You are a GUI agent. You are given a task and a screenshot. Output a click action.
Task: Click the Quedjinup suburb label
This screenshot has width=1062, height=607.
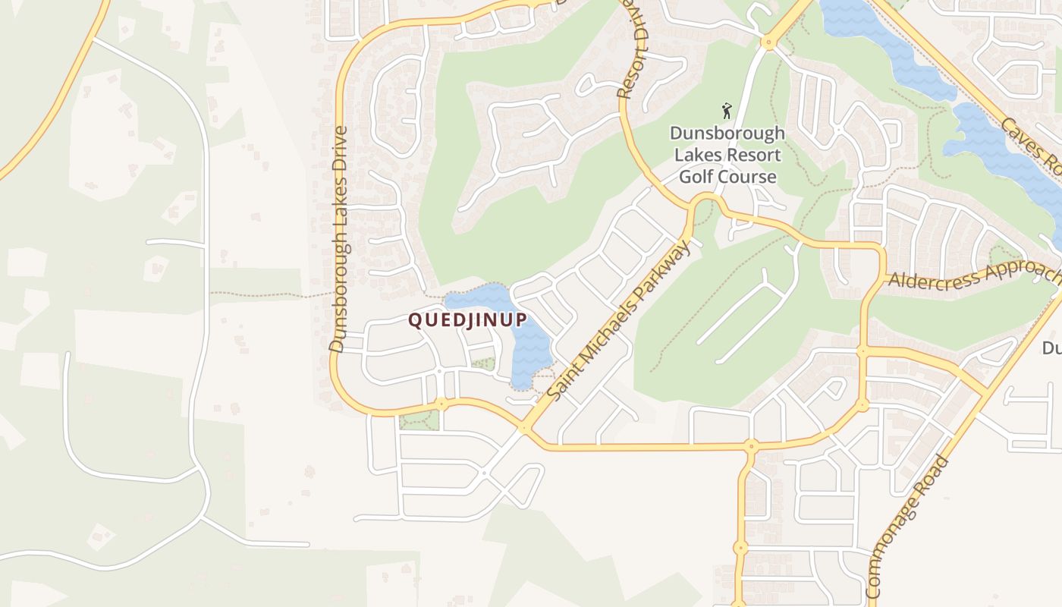pos(467,320)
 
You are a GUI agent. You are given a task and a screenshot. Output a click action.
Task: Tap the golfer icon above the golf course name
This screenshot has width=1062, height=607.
pos(727,111)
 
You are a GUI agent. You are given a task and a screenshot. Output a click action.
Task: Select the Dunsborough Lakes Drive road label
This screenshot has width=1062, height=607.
pos(339,239)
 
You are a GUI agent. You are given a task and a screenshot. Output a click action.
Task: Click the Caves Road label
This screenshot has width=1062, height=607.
pos(1032,148)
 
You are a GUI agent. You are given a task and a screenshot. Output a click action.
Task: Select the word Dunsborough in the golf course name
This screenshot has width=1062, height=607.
pos(727,134)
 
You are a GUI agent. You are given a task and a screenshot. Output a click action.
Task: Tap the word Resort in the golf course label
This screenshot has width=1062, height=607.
pos(753,156)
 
